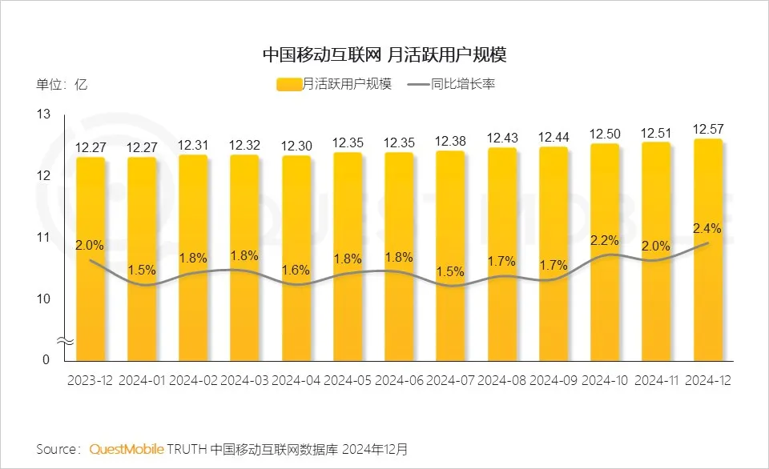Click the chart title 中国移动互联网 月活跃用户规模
tap(384, 54)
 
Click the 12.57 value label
tap(707, 129)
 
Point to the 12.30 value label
tap(296, 146)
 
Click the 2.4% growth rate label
tap(707, 228)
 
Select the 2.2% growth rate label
tap(605, 239)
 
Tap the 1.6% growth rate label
tap(296, 270)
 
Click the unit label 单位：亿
tap(62, 84)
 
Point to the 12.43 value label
tap(502, 138)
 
